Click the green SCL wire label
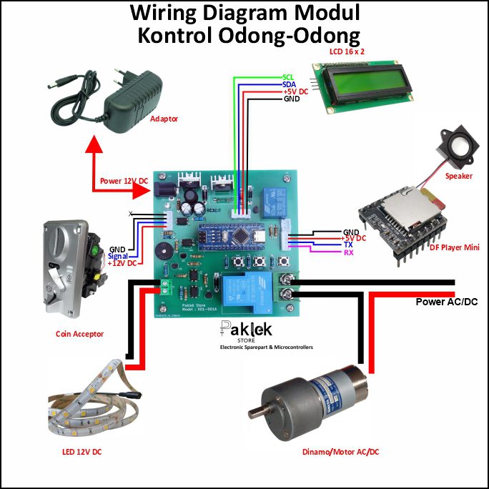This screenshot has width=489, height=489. (x=289, y=76)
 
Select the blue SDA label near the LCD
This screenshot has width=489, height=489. (x=289, y=84)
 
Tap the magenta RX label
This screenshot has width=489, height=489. (x=349, y=252)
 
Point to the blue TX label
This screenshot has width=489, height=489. (x=348, y=244)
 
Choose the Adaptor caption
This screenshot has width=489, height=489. (x=164, y=119)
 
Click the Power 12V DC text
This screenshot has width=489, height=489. (x=124, y=182)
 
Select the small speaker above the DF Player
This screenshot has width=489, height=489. (x=454, y=147)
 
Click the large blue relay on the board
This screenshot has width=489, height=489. (x=244, y=292)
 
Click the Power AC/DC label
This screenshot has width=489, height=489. (x=446, y=302)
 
